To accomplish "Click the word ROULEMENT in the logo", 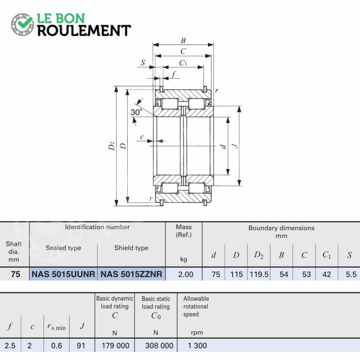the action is (84, 31).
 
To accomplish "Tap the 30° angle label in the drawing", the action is (136, 112).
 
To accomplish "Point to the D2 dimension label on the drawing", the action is (111, 146).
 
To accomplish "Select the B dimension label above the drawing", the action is (183, 40).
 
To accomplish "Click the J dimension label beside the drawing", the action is (234, 145).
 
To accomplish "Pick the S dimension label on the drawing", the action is (143, 63).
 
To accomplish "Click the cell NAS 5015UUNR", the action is (63, 274).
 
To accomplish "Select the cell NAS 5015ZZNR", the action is (131, 274).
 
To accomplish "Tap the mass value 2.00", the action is (185, 274).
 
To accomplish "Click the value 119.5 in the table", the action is (259, 274).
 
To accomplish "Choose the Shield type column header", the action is (131, 248).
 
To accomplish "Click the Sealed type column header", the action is (63, 248).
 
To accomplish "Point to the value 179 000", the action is (116, 346).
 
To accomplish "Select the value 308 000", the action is (159, 346).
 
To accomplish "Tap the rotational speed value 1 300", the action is (197, 346).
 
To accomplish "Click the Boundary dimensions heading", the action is (282, 228).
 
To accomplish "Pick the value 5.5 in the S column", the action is (351, 274).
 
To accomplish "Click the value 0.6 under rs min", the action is (57, 346).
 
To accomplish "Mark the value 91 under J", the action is (81, 346).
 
